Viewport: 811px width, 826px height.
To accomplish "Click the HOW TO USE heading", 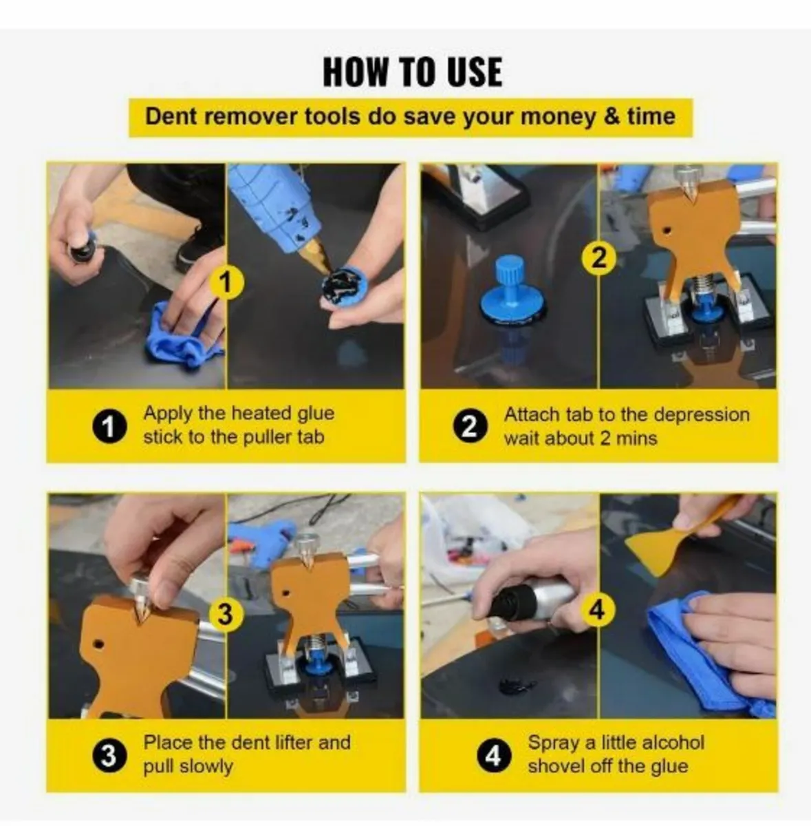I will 412,72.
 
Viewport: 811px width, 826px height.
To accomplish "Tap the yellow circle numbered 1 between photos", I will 226,282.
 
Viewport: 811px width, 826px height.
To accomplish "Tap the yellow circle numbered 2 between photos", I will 599,258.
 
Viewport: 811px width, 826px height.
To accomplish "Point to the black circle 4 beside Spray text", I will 493,756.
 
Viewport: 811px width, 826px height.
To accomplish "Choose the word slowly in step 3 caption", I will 206,767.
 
